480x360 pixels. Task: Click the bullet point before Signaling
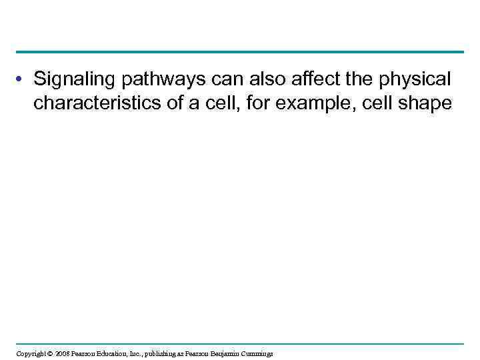click(22, 81)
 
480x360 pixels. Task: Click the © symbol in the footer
click(53, 353)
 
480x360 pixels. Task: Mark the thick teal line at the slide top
click(240, 52)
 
